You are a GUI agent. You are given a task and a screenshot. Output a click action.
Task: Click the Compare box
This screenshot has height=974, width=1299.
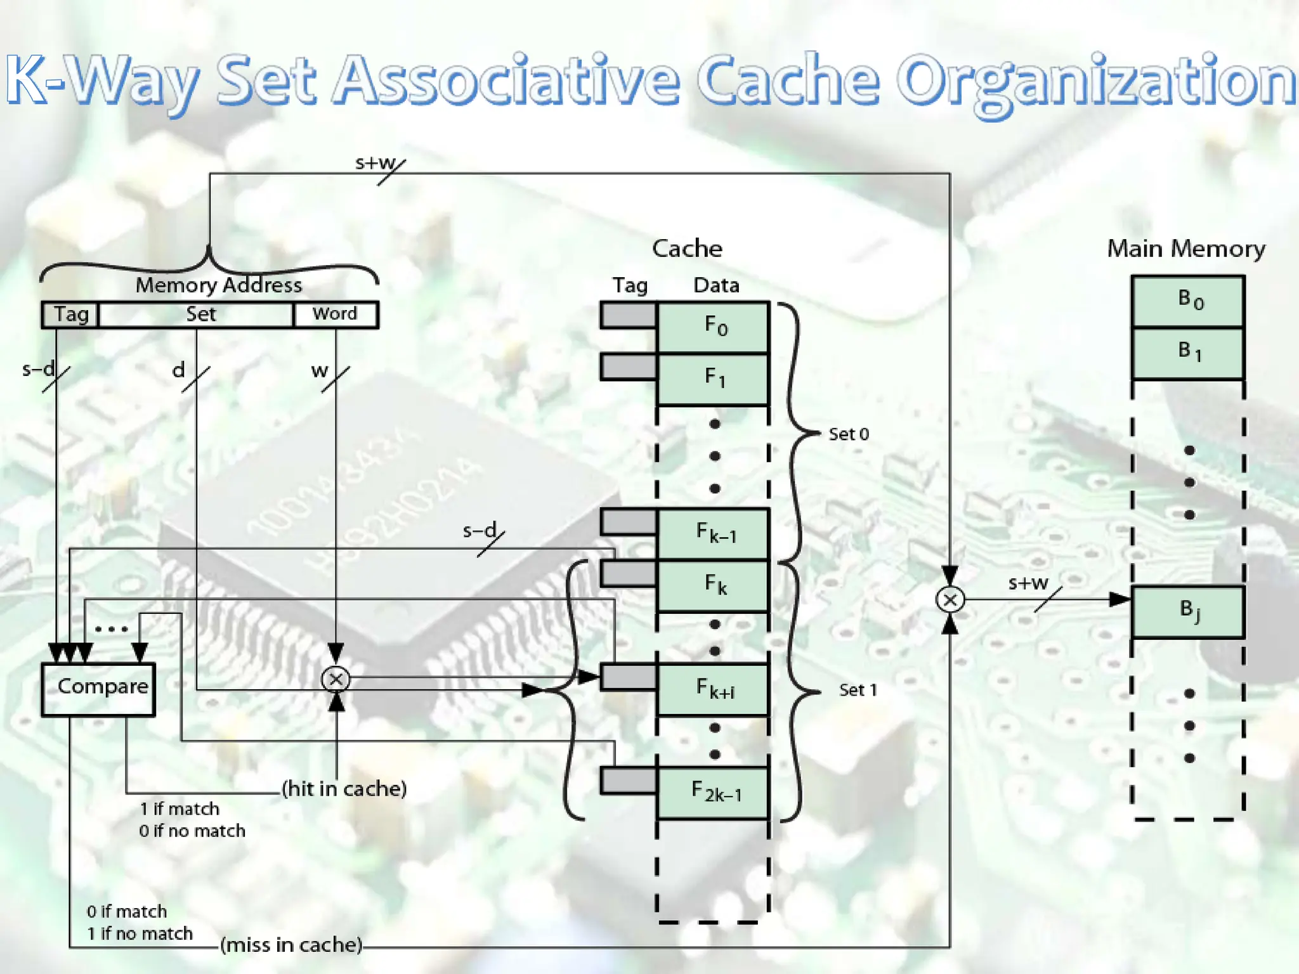(98, 689)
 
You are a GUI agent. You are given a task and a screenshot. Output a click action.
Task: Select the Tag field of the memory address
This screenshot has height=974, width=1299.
(70, 315)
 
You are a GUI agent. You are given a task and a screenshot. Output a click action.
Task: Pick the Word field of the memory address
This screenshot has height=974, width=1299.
(336, 315)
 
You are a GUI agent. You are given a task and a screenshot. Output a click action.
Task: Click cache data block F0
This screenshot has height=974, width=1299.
(713, 327)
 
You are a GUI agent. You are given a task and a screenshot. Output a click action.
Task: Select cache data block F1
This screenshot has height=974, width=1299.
(713, 379)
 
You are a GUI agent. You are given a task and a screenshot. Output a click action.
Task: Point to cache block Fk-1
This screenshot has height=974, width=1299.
(713, 533)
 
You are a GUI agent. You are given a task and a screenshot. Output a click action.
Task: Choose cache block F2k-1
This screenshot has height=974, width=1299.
(713, 792)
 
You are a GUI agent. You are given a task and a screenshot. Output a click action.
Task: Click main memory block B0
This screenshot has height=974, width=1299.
(1188, 301)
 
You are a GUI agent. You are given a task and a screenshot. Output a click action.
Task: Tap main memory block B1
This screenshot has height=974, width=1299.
(1188, 353)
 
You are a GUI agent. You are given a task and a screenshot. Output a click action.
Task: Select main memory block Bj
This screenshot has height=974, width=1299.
(1188, 611)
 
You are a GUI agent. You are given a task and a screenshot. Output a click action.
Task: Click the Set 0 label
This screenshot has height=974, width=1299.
(849, 434)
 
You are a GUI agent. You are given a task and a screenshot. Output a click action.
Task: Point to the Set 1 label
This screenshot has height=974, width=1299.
(858, 690)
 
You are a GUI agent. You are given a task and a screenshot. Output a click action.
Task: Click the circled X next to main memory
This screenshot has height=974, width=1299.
(950, 599)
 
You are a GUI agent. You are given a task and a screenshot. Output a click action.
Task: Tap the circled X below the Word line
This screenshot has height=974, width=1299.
(336, 679)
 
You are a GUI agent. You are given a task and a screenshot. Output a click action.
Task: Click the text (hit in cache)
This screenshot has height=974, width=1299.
(344, 789)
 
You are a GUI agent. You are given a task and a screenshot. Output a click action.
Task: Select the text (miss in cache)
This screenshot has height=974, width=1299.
(292, 945)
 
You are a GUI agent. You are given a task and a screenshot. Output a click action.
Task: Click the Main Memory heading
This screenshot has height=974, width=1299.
(1186, 249)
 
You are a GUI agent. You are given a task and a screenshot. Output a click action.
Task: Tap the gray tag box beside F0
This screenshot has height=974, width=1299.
(628, 315)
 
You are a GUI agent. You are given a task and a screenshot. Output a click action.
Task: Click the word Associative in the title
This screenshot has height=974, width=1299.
(507, 81)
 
